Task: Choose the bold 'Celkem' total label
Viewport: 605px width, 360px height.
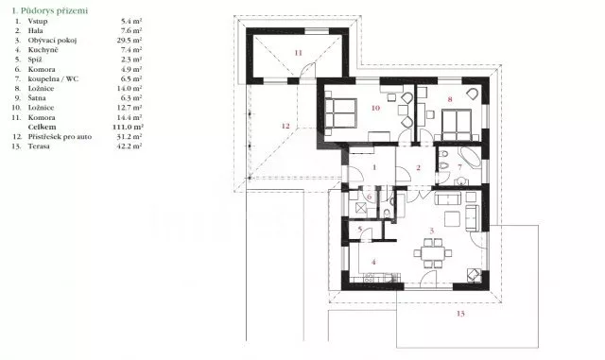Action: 43,126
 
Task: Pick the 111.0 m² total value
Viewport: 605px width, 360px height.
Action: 130,126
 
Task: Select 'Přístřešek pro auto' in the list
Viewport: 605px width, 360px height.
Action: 60,137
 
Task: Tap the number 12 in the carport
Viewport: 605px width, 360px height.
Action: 285,125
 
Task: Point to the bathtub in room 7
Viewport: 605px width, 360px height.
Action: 467,157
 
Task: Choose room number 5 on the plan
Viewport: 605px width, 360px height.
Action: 360,230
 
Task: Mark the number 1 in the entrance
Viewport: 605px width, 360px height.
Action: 375,167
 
